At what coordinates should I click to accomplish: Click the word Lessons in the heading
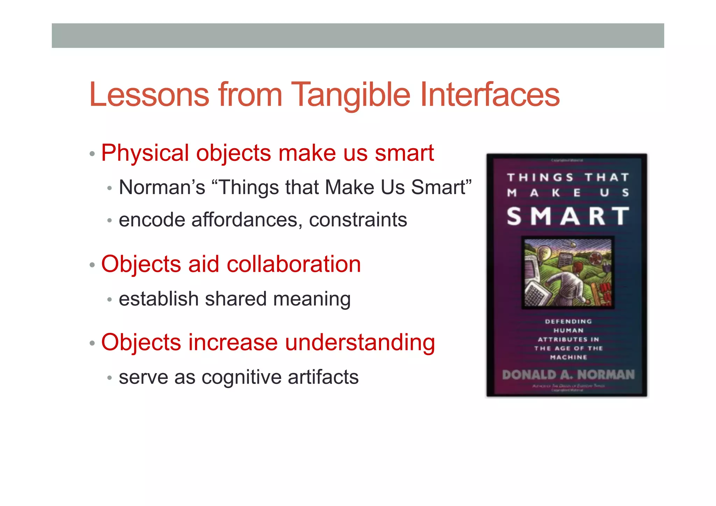click(x=149, y=95)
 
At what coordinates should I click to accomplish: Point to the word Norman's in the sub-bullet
click(x=162, y=187)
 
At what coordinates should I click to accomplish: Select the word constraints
click(x=358, y=220)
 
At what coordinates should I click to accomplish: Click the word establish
click(x=159, y=299)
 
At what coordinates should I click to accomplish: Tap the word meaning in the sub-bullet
click(x=312, y=300)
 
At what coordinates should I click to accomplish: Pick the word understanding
click(x=360, y=343)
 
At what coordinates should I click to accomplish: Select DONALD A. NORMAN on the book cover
click(x=568, y=375)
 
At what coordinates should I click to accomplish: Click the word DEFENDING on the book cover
click(x=568, y=321)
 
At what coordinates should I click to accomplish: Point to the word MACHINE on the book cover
click(x=568, y=357)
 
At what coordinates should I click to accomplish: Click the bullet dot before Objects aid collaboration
click(x=92, y=265)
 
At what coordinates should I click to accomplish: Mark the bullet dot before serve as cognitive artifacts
click(x=109, y=378)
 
